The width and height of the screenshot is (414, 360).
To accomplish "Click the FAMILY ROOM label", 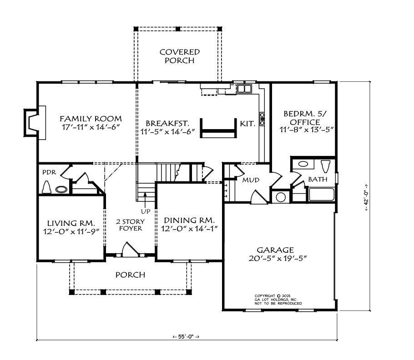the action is tap(91, 119).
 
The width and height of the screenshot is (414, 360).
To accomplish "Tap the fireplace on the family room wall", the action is tap(35, 123).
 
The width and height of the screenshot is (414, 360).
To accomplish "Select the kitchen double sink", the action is tap(244, 88).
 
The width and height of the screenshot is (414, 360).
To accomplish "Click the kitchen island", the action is tap(218, 128).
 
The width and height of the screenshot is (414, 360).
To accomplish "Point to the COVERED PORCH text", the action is tap(180, 56).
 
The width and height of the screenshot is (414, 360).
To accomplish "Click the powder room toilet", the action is tap(47, 187).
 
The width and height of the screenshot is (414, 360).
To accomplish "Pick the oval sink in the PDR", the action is tap(61, 189).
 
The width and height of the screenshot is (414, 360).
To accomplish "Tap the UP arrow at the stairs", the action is tap(145, 200).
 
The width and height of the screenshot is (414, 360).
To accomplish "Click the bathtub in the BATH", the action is tap(322, 195).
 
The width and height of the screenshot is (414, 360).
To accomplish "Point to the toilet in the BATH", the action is tap(326, 166).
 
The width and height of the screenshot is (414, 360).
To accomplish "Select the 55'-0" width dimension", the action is tap(186, 336).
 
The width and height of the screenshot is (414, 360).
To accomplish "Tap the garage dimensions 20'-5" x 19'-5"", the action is tap(278, 259).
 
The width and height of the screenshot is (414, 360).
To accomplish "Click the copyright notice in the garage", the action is tap(278, 300).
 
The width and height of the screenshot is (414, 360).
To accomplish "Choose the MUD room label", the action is tap(251, 180).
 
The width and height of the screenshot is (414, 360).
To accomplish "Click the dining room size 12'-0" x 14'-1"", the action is tap(189, 229).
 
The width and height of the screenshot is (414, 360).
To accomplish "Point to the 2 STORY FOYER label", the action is tap(131, 225).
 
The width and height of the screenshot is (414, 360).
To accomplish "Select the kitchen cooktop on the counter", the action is tap(262, 119).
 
